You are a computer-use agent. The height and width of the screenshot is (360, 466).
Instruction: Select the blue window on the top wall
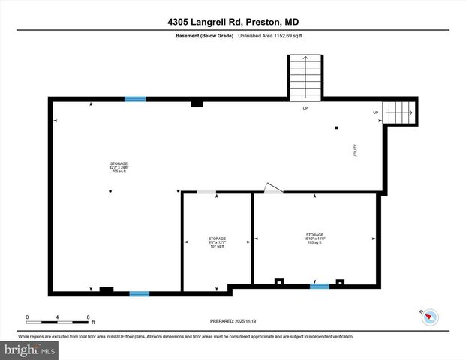tap(135, 99)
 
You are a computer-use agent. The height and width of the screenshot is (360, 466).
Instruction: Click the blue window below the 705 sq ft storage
tap(139, 293)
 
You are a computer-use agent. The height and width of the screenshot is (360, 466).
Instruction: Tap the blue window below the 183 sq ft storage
tap(320, 286)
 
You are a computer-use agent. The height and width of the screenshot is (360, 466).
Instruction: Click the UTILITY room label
tap(356, 150)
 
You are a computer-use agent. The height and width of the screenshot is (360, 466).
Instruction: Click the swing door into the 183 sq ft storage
tap(272, 189)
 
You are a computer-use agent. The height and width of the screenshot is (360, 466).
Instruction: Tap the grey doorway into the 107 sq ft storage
tap(206, 193)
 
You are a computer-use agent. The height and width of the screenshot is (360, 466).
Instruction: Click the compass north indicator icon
tap(430, 317)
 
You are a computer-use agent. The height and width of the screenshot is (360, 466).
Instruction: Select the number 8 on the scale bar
tap(89, 316)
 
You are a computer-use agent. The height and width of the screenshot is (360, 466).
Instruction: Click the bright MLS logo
tap(29, 350)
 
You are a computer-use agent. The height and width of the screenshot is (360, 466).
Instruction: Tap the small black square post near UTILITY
tap(336, 127)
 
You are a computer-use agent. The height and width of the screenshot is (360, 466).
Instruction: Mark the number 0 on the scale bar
tap(27, 316)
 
